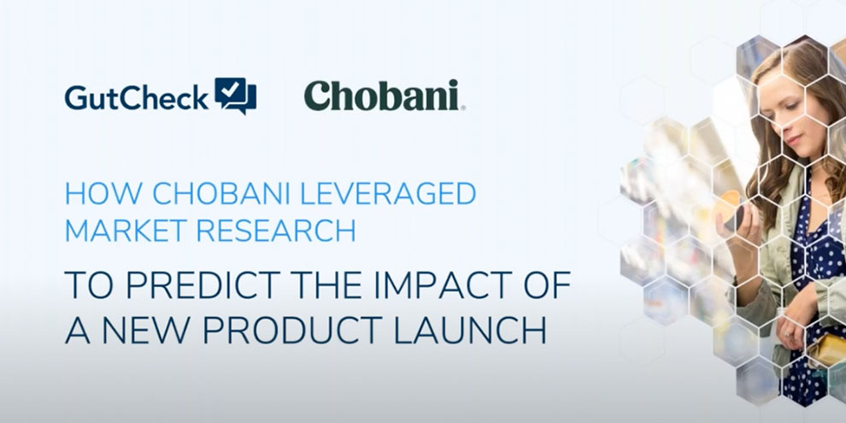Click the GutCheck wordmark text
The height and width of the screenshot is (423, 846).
(137, 97)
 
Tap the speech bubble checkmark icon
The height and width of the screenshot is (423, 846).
(235, 96)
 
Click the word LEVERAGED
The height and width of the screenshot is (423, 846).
(387, 194)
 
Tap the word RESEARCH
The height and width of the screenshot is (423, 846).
(276, 231)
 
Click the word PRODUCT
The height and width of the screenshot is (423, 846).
(293, 332)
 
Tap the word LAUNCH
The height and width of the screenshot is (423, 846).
(470, 332)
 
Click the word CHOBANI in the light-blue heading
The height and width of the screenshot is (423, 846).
(221, 194)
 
